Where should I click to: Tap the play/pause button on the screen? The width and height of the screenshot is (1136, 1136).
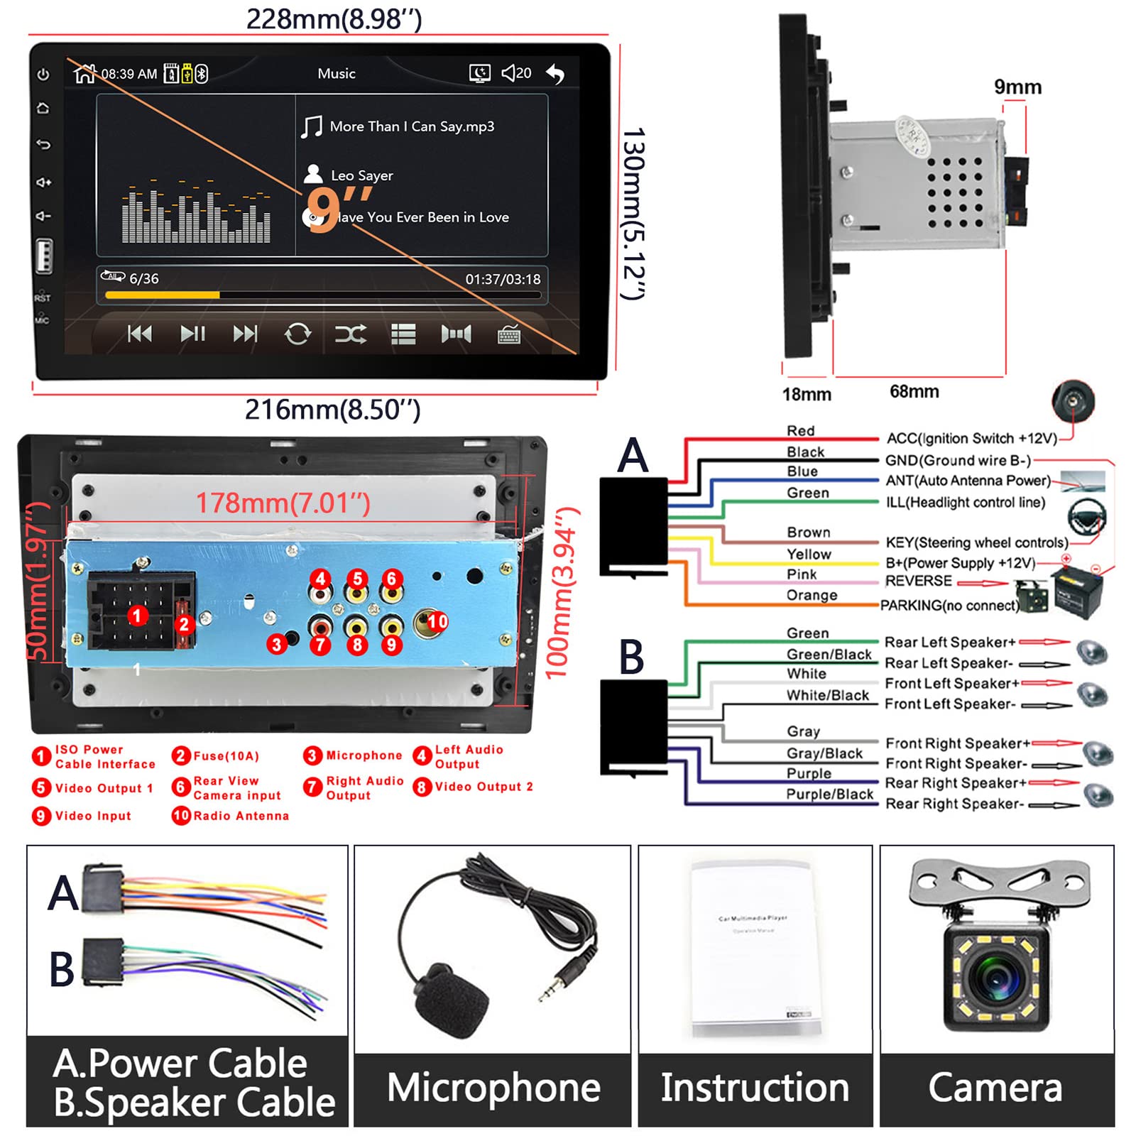[x=192, y=333]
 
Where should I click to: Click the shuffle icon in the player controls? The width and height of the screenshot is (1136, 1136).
[x=351, y=334]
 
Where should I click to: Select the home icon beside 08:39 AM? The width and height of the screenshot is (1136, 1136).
[x=84, y=73]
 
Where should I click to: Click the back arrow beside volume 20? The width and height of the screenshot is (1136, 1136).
[x=555, y=73]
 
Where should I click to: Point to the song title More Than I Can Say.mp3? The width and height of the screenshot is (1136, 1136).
[x=412, y=126]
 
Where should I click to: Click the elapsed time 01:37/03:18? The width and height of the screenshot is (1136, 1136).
[x=503, y=279]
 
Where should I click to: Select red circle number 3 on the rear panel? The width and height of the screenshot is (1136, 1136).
[x=277, y=644]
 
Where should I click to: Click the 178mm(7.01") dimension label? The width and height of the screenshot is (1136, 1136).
[x=283, y=503]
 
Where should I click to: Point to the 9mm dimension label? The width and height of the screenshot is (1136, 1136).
[x=1017, y=87]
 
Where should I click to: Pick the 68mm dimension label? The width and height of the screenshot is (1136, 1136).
[x=914, y=391]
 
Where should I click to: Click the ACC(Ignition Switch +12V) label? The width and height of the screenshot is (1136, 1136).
[x=971, y=438]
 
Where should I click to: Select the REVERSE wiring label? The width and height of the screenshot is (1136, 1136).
[x=918, y=581]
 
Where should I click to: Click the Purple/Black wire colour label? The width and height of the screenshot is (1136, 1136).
[x=829, y=794]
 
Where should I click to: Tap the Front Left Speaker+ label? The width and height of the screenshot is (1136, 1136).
[x=951, y=683]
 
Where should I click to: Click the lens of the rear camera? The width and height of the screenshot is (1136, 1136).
[x=995, y=976]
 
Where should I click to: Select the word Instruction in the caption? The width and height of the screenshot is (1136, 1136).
[x=755, y=1088]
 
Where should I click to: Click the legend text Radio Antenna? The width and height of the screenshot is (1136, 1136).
[x=241, y=816]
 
